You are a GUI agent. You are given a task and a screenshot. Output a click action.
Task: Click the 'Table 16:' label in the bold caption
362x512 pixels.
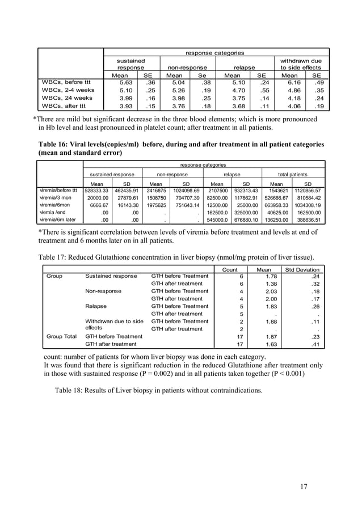56,144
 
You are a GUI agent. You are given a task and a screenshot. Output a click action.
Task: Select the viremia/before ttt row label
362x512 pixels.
58,190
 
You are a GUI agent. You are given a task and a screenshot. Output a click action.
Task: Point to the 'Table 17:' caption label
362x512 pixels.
56,256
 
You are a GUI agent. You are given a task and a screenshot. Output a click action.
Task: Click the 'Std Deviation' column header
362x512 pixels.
302,269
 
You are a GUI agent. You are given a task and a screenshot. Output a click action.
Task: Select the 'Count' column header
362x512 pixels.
229,269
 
